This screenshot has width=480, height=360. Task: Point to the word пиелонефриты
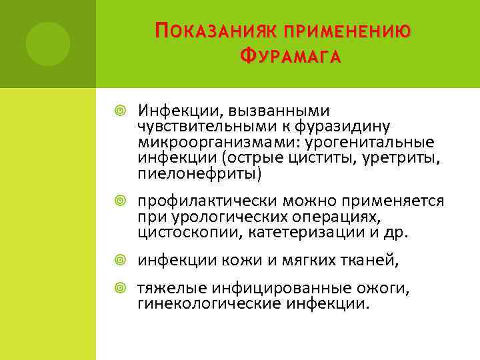pyautogui.click(x=200, y=174)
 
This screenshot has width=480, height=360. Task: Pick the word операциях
pyautogui.click(x=354, y=217)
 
